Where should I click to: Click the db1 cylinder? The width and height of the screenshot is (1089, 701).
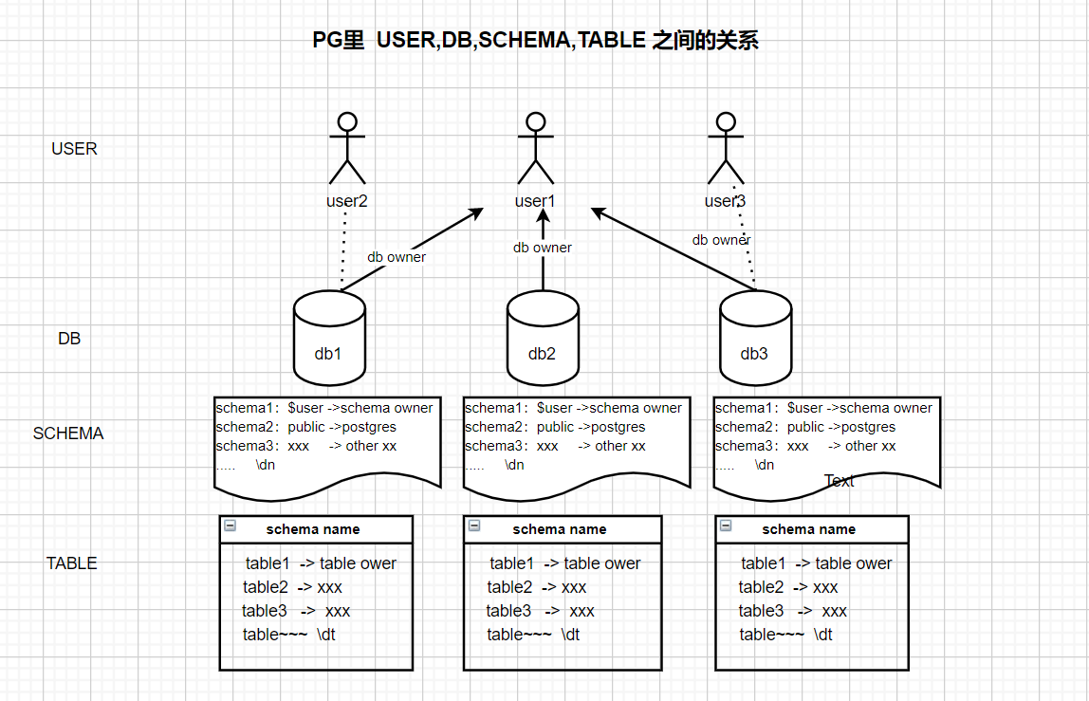coord(329,338)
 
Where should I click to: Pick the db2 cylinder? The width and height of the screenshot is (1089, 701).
coord(543,338)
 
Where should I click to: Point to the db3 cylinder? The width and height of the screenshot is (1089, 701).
coord(755,338)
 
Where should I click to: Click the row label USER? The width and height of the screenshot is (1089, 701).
coord(74,149)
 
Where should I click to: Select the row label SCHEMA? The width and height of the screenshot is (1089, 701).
coord(68,434)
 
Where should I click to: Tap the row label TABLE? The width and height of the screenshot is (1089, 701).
coord(72,563)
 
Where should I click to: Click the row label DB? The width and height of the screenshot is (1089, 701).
coord(69,339)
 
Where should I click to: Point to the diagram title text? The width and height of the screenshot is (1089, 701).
coord(535,41)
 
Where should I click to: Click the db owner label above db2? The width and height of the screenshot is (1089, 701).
coord(543,248)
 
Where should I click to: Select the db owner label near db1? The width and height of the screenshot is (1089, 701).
coord(397,257)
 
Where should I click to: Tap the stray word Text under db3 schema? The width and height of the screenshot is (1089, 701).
coord(839,481)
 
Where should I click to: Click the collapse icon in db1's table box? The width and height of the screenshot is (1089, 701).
coord(230,526)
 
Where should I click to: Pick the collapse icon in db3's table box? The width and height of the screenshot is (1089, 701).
coord(726,526)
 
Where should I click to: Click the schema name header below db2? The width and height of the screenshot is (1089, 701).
coord(560,529)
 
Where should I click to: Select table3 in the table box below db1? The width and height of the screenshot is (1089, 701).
coord(265,611)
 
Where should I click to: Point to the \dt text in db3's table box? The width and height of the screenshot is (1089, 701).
coord(822,635)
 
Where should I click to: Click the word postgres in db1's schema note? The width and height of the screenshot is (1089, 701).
coord(369,427)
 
